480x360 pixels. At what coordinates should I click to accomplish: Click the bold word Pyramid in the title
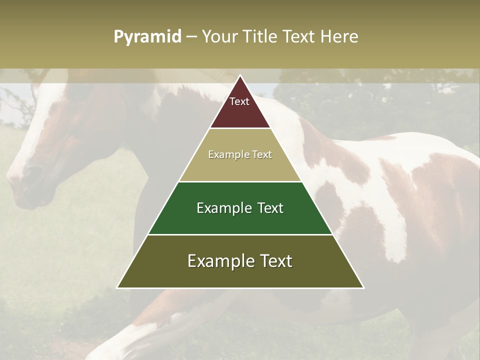[147, 37]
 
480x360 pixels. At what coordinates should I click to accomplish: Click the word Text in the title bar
[299, 36]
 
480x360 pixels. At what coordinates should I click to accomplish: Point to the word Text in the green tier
[270, 208]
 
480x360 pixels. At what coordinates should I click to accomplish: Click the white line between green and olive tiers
[240, 234]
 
